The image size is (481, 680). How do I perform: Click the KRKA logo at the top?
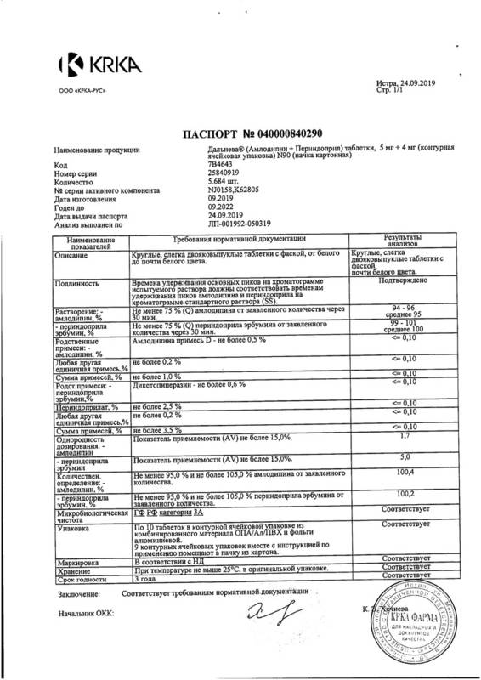coord(82,64)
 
